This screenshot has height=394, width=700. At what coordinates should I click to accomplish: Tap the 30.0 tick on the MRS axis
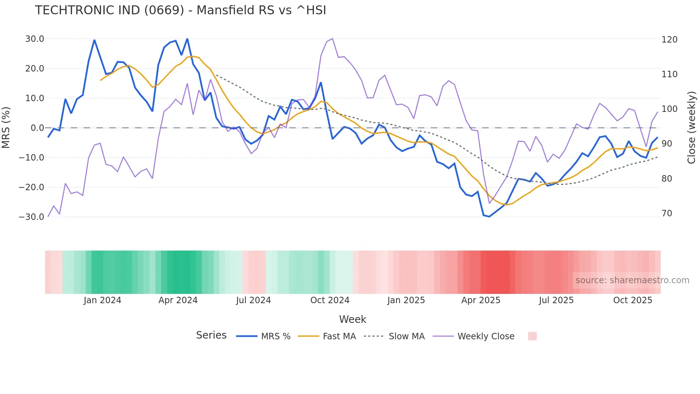[35, 39]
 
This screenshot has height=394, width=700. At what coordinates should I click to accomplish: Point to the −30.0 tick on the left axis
[31, 217]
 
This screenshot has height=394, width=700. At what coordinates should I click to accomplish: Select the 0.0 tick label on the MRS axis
[37, 128]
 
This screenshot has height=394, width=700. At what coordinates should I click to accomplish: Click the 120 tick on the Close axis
[669, 40]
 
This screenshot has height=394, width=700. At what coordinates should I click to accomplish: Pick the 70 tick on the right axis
[667, 213]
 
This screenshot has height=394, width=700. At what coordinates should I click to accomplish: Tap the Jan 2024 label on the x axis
[102, 300]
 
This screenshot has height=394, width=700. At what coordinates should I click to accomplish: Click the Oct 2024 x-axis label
[330, 300]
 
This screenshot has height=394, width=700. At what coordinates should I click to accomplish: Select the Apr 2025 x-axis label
[481, 300]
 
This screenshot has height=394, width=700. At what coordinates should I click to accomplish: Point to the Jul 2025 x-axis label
[556, 300]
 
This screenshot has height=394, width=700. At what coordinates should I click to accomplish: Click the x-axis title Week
[352, 319]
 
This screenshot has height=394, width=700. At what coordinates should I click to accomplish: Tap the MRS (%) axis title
[6, 128]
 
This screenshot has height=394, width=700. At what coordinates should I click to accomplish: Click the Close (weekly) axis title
[692, 128]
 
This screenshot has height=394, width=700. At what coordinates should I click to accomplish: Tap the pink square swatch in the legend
[532, 336]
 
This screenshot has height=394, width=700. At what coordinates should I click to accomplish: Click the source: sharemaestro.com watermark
[632, 280]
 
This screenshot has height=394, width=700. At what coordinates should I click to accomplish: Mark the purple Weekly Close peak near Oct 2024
[332, 39]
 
